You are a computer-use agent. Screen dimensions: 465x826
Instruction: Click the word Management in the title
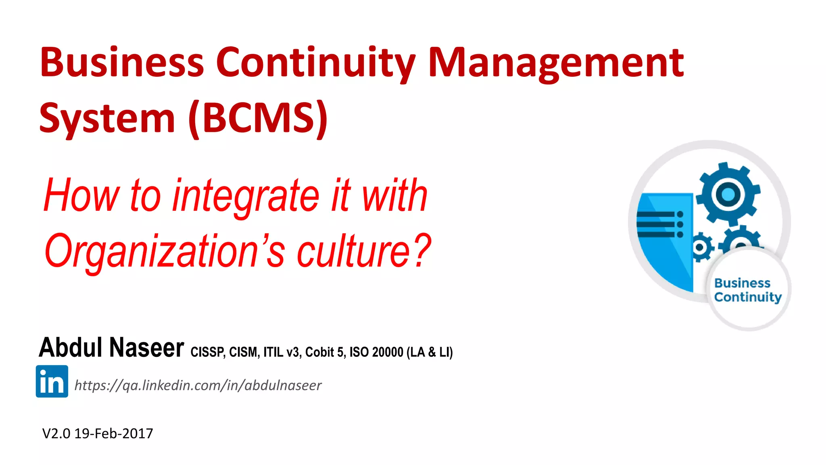(556, 64)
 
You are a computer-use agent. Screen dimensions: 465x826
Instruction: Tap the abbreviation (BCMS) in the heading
(258, 118)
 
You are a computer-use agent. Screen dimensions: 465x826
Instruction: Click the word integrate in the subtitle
(246, 196)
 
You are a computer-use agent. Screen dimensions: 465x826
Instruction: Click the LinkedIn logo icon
(52, 381)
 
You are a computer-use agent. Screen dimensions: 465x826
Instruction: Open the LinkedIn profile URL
(198, 385)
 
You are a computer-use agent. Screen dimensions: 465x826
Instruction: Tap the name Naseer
(147, 348)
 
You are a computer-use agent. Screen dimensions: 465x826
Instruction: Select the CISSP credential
(207, 352)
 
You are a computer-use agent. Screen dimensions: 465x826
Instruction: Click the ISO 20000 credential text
(376, 352)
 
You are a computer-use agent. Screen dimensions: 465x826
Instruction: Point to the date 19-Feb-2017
(114, 434)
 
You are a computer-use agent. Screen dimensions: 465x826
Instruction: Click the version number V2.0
(56, 434)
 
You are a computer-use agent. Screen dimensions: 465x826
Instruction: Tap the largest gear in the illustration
(728, 194)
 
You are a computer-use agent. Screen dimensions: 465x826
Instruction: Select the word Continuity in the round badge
(748, 297)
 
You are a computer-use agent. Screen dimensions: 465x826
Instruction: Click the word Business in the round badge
(742, 283)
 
